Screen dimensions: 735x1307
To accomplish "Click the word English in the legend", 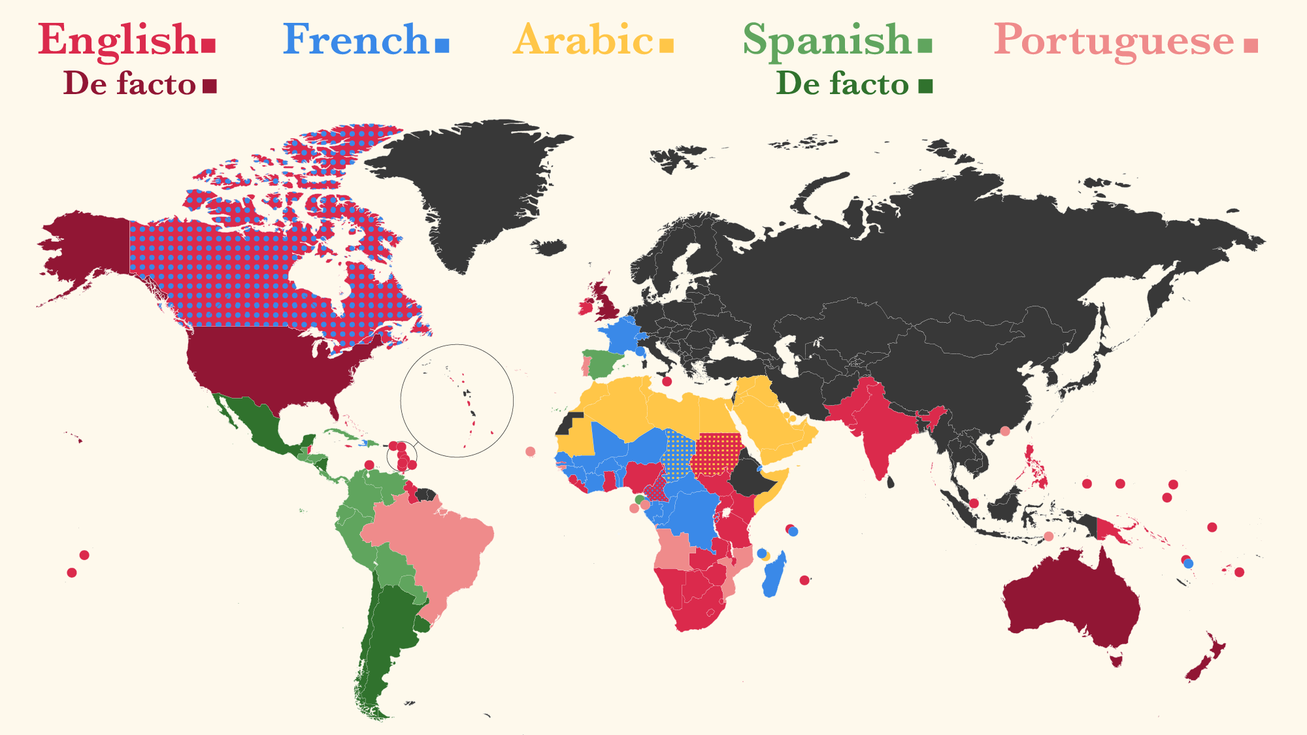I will tap(118, 41).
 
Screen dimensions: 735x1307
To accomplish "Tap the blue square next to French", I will tap(442, 45).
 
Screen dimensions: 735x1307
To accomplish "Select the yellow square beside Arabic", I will tap(666, 45).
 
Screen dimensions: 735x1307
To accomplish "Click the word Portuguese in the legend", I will tap(1114, 41).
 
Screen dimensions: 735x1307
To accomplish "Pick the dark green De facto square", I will tap(925, 86).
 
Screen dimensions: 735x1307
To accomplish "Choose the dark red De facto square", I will tap(209, 86).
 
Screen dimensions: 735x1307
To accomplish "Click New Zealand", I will tap(1206, 660).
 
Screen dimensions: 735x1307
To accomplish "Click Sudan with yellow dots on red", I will tap(718, 454).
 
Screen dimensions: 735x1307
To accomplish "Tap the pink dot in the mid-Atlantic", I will tap(530, 451).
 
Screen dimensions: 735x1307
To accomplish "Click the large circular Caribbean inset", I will tap(457, 400).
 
